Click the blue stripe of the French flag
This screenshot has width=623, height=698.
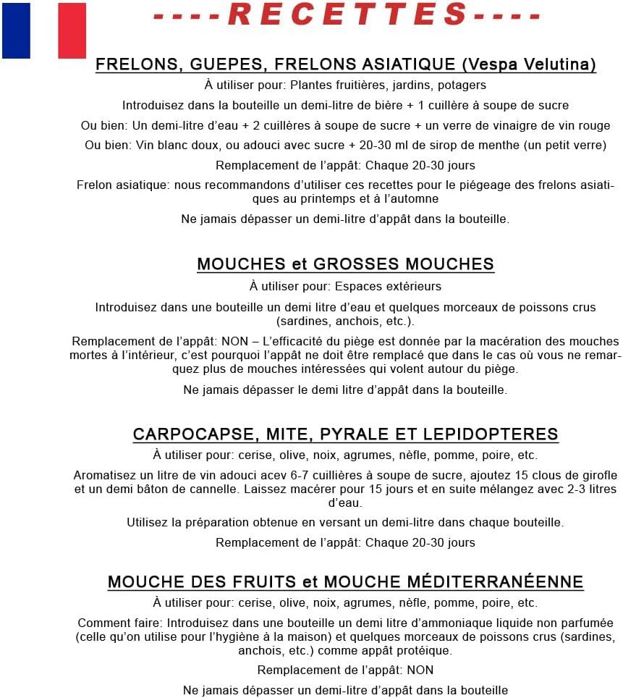(16, 30)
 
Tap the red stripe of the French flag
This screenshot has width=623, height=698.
(72, 30)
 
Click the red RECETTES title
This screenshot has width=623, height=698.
(347, 14)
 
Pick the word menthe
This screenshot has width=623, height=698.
(499, 145)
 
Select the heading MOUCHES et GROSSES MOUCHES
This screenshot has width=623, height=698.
(345, 264)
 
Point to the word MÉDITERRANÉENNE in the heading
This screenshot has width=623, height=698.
(491, 581)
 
